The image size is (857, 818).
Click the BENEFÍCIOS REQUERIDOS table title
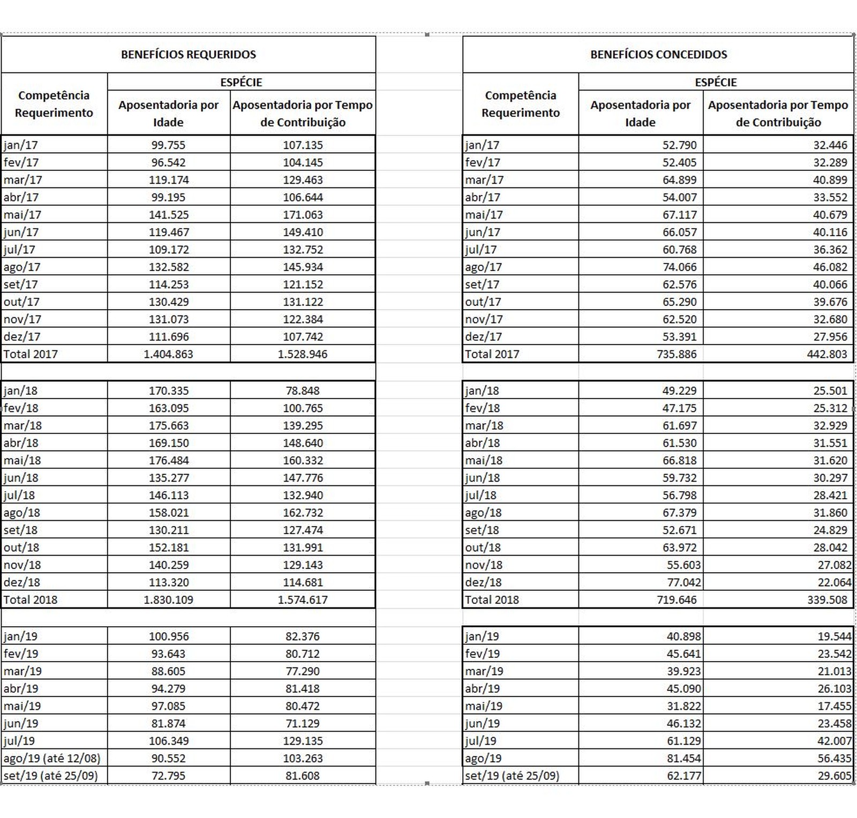[189, 55]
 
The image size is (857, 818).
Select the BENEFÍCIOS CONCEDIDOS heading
[658, 55]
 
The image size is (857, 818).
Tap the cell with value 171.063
[303, 215]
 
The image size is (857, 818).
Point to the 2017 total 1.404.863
[168, 354]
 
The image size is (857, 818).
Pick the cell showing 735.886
[676, 354]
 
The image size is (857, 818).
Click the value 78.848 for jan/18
[303, 391]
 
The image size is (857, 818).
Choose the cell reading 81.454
[683, 759]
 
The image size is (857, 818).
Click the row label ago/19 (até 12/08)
[52, 759]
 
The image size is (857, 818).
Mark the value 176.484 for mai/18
[168, 461]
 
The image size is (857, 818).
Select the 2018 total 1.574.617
[303, 600]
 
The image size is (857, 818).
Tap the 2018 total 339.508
[827, 600]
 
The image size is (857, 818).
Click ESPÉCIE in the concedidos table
[716, 82]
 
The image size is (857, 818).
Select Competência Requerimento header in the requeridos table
[54, 104]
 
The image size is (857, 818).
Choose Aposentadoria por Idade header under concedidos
[640, 113]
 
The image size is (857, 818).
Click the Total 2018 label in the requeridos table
[31, 600]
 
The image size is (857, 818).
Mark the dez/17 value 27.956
[830, 337]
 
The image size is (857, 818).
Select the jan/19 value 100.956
[168, 637]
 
